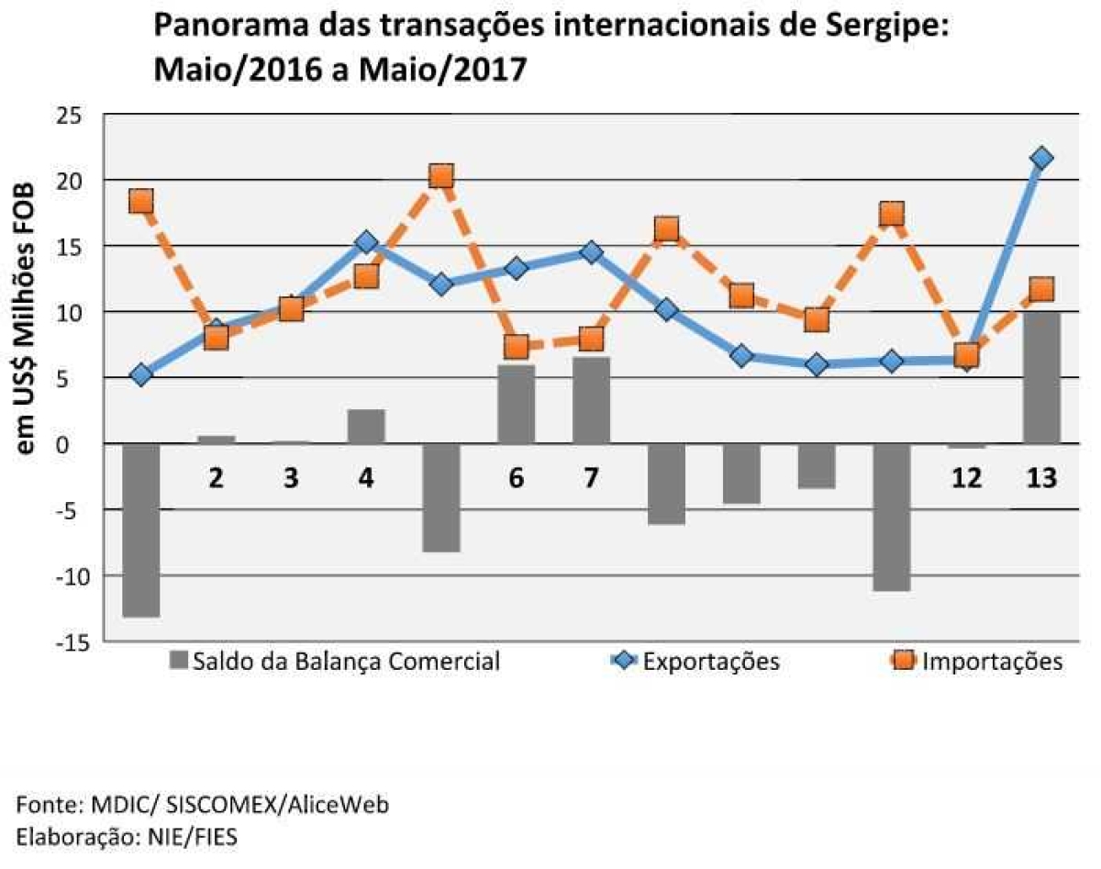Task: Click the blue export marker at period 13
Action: pos(1041,159)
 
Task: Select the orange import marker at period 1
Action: pos(140,201)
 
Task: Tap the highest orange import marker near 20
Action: pos(441,176)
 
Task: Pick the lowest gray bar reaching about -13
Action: pos(140,530)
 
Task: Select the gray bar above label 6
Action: pos(516,404)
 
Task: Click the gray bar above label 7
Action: pos(591,400)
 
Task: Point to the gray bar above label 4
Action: pos(366,427)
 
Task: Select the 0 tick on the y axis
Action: pos(76,445)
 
